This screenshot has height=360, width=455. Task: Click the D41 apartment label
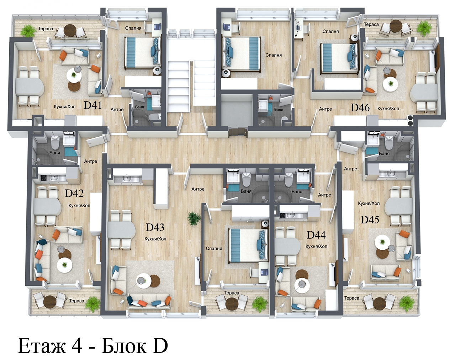click(x=92, y=105)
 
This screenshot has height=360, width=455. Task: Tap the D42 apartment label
click(x=74, y=193)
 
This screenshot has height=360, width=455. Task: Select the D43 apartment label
click(x=155, y=227)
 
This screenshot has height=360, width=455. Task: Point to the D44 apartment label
click(x=316, y=235)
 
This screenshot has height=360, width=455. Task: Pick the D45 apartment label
click(x=370, y=220)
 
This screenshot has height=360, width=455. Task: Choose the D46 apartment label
click(x=360, y=107)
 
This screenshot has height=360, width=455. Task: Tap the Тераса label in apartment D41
click(x=46, y=28)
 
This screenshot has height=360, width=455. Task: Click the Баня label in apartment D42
click(x=54, y=153)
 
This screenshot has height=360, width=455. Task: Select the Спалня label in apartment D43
click(x=214, y=248)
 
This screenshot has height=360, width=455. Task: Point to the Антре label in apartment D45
click(x=350, y=169)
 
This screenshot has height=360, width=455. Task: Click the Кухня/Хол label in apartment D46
click(x=388, y=108)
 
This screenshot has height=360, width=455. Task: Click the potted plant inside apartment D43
click(x=194, y=219)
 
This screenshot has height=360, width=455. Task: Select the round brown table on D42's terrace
click(x=49, y=302)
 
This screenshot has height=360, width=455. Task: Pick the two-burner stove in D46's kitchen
click(x=410, y=120)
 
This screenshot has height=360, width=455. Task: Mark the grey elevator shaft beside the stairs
click(x=237, y=111)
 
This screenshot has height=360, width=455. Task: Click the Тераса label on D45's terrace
click(x=352, y=298)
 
